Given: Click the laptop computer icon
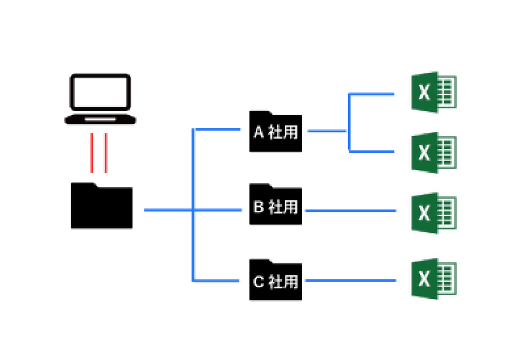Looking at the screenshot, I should pyautogui.click(x=101, y=99).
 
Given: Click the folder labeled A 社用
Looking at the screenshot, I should pyautogui.click(x=276, y=132).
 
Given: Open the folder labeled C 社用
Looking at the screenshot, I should pyautogui.click(x=276, y=280).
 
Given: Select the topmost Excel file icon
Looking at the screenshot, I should pyautogui.click(x=433, y=92).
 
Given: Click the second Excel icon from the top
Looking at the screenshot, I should pyautogui.click(x=433, y=153).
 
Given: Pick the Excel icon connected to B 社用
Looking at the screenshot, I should pyautogui.click(x=433, y=213).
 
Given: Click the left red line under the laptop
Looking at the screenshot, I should pyautogui.click(x=91, y=153).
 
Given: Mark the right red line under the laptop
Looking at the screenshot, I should pyautogui.click(x=106, y=153).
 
